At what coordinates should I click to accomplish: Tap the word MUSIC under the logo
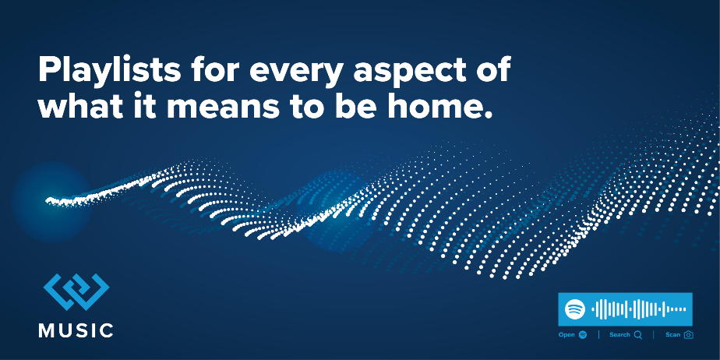tap(76, 330)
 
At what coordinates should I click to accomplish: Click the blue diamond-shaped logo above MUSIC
tap(76, 291)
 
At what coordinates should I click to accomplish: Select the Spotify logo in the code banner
tap(575, 309)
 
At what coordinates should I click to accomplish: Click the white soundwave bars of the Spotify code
tap(639, 309)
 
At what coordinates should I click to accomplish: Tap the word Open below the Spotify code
tap(566, 335)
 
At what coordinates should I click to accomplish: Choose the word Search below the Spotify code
tap(619, 335)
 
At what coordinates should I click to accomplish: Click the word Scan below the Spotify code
tap(672, 335)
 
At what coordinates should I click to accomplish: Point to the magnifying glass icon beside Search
tap(638, 335)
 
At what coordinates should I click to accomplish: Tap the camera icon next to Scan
tap(688, 335)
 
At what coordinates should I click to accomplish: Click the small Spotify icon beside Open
tap(583, 335)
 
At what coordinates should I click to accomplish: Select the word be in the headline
tap(356, 106)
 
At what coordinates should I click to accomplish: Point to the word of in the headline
tap(493, 71)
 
